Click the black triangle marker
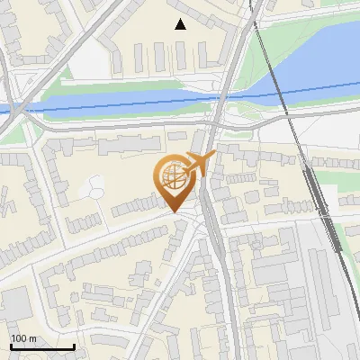click(180, 24)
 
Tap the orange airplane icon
click(201, 165)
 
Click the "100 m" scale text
click(23, 337)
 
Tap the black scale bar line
click(42, 346)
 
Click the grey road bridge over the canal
click(219, 99)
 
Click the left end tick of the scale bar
click(11, 346)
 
